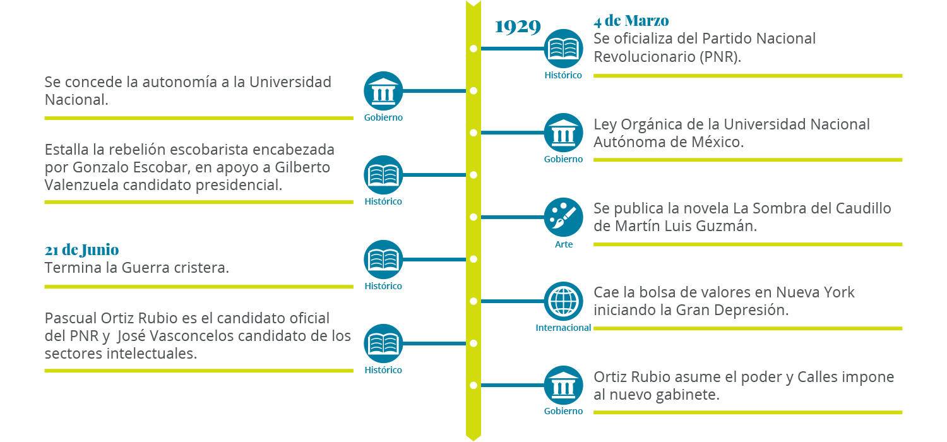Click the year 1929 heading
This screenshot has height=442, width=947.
pyautogui.click(x=518, y=27)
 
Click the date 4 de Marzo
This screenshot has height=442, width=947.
pyautogui.click(x=631, y=21)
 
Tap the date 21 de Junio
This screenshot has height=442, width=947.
pyautogui.click(x=81, y=249)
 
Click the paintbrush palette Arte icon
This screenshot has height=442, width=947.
pyautogui.click(x=563, y=217)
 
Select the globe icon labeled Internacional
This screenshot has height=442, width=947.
pyautogui.click(x=563, y=301)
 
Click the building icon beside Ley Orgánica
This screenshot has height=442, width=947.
pyautogui.click(x=563, y=133)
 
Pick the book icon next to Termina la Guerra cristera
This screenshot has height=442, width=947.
pyautogui.click(x=383, y=260)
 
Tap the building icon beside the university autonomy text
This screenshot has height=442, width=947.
pyautogui.click(x=383, y=91)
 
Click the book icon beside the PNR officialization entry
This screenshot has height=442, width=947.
pyautogui.click(x=563, y=49)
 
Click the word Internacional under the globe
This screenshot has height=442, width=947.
pyautogui.click(x=563, y=328)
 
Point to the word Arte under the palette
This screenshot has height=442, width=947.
pyautogui.click(x=564, y=244)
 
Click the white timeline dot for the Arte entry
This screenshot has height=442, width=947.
pyautogui.click(x=473, y=217)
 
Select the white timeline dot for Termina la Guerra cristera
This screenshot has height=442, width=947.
pyautogui.click(x=473, y=259)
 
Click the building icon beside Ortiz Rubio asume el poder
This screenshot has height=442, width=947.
pyautogui.click(x=563, y=385)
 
